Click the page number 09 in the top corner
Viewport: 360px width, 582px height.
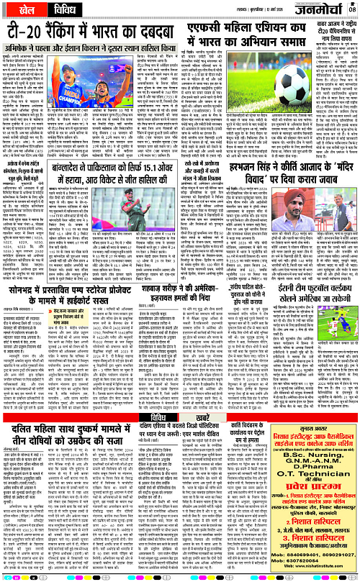[351, 7]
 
